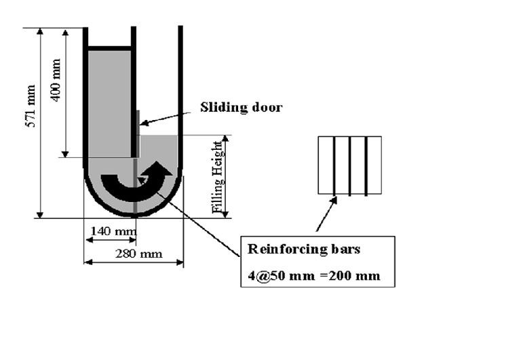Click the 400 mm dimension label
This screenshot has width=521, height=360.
pos(56,80)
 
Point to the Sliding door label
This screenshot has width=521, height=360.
pos(241,107)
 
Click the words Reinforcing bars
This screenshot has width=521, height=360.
pos(304,249)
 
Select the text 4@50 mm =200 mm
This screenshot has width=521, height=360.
pos(313,276)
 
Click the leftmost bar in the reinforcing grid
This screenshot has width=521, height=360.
pos(334,165)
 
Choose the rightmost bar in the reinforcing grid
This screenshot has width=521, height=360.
pos(366,165)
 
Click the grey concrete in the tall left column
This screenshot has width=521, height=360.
pos(109,102)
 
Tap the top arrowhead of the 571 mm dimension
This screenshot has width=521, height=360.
pos(41,32)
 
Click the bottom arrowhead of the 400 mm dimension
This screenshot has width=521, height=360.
pos(66,153)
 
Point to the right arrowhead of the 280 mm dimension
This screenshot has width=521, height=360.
pos(180,262)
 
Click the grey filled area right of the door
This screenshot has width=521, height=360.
pos(157,146)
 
